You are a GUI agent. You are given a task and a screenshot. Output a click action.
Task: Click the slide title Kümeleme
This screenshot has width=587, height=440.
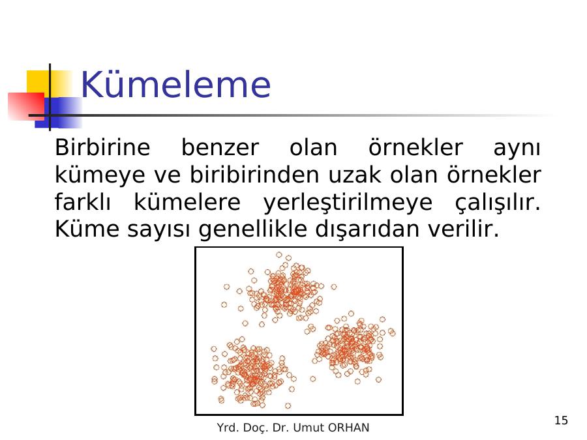pyautogui.click(x=175, y=85)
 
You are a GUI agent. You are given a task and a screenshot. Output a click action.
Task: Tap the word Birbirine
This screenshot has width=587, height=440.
pyautogui.click(x=102, y=147)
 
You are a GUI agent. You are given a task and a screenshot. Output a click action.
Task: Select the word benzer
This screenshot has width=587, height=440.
pyautogui.click(x=220, y=148)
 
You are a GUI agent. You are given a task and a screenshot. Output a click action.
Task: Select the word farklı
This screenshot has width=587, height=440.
pyautogui.click(x=83, y=202)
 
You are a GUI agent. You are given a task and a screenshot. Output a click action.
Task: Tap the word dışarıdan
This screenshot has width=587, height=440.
pyautogui.click(x=367, y=229)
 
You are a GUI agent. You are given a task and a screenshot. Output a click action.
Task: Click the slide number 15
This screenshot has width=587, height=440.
pyautogui.click(x=561, y=420)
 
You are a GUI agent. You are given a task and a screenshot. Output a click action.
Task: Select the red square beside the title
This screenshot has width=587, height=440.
pyautogui.click(x=25, y=106)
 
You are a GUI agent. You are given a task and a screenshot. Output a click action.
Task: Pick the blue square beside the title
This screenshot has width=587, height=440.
pyautogui.click(x=59, y=112)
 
